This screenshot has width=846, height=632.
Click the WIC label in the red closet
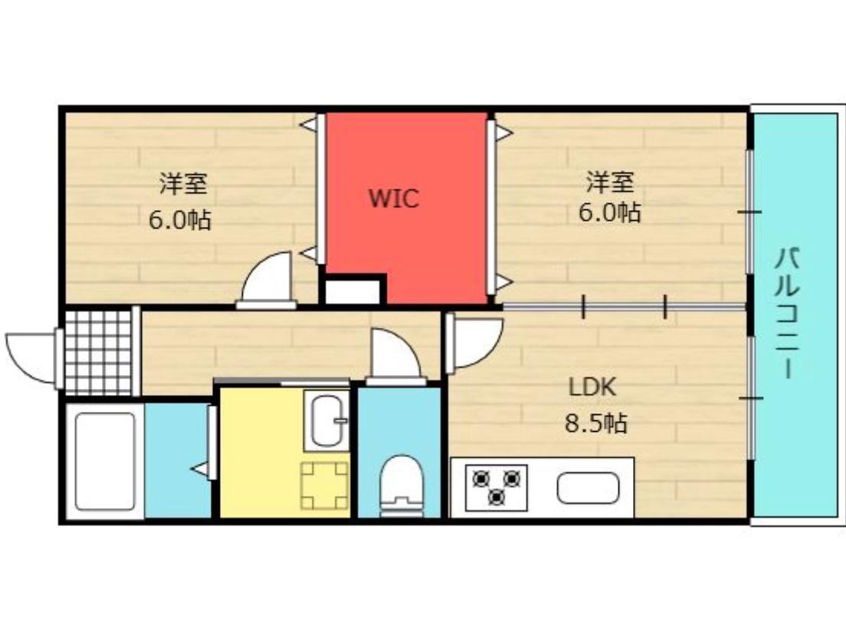click(394, 199)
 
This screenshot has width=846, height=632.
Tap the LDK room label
click(592, 387)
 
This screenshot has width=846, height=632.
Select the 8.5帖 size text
click(596, 422)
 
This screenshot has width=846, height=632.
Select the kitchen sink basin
click(588, 488)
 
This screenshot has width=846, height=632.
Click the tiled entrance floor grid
click(98, 351)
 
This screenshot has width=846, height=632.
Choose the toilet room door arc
click(394, 354)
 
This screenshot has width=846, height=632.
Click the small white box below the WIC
click(352, 292)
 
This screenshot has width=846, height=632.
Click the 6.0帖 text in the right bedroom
click(610, 212)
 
